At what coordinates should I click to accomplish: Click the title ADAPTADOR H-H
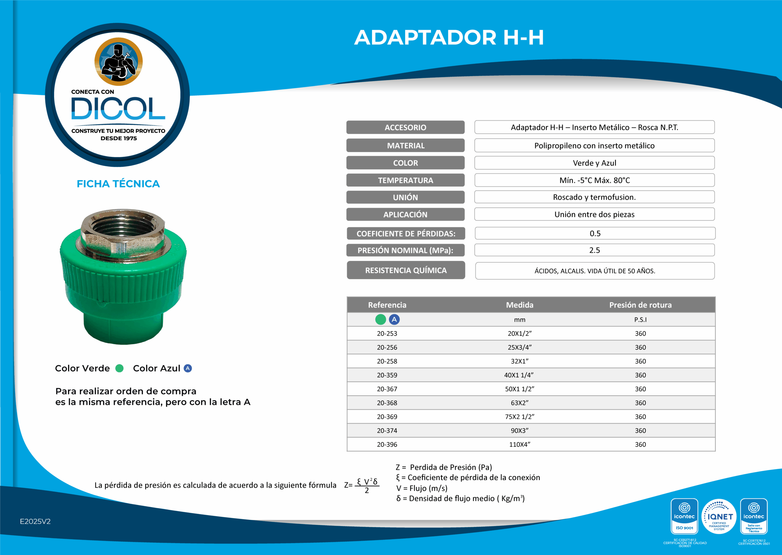tap(449, 37)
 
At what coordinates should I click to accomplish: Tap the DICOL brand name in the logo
tap(118, 109)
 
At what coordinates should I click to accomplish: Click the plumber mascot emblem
tap(118, 61)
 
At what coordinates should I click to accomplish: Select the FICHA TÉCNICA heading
tap(118, 184)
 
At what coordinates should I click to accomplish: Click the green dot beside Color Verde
tap(119, 368)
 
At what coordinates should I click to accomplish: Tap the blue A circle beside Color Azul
tap(188, 368)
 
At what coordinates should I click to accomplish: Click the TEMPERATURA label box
tap(405, 180)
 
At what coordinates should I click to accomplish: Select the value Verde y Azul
tap(594, 163)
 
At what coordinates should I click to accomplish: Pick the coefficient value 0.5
tap(595, 233)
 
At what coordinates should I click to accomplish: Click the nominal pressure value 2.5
tap(594, 250)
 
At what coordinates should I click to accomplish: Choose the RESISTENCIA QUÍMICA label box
tap(406, 270)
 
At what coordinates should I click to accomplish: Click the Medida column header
tap(520, 305)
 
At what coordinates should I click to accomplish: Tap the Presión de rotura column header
tap(640, 305)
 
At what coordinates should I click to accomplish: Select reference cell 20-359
tap(387, 375)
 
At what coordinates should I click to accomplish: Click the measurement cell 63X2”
tap(520, 403)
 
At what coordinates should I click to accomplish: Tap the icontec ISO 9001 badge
tap(684, 516)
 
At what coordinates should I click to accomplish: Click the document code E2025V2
tap(35, 521)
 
